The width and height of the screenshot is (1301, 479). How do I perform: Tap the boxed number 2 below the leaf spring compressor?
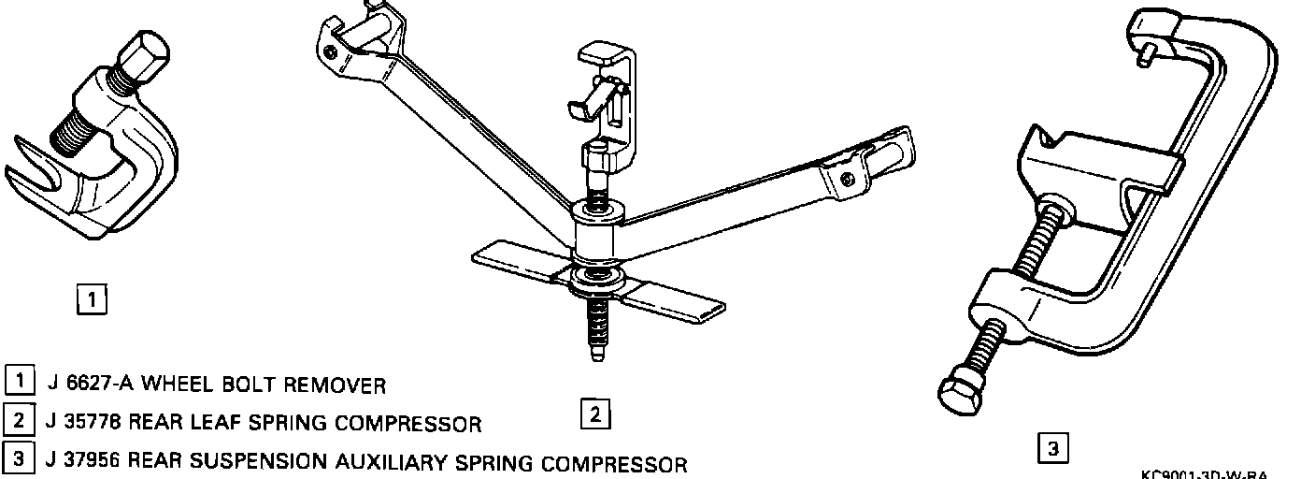(595, 413)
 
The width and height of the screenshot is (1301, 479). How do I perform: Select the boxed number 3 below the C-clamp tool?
(1052, 448)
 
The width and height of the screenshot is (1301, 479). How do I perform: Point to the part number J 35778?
(82, 423)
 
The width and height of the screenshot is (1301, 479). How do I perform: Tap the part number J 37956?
(82, 462)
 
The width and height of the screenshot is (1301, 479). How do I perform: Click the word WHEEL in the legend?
(175, 384)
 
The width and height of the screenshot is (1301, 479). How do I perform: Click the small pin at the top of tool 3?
(1144, 54)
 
